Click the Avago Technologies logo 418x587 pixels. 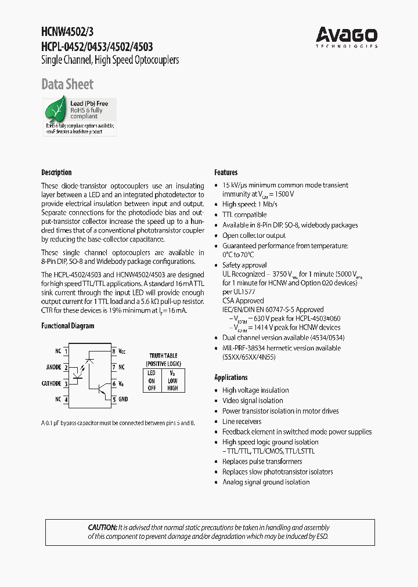coord(347,37)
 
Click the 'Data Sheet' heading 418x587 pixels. coord(67,85)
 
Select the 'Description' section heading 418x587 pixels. coord(56,172)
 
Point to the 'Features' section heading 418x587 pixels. coord(226,172)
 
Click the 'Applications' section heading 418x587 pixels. coord(231,377)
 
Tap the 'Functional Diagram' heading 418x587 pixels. coord(67,326)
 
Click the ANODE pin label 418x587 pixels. coord(53,367)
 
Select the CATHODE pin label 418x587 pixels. coord(51,383)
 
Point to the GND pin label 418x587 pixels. coord(123,399)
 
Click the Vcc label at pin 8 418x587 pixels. coord(122,352)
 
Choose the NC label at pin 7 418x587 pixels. coord(121,367)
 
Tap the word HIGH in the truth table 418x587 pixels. coord(172,388)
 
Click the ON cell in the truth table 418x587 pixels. coord(151,381)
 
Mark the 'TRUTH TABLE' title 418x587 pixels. coord(163,356)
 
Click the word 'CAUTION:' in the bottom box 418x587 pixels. coord(102,528)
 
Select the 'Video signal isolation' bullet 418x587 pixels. coord(253,401)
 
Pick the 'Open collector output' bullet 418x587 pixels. coord(254,235)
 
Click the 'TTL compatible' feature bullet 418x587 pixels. coord(244,215)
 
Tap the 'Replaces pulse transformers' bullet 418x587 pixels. coord(262,462)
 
